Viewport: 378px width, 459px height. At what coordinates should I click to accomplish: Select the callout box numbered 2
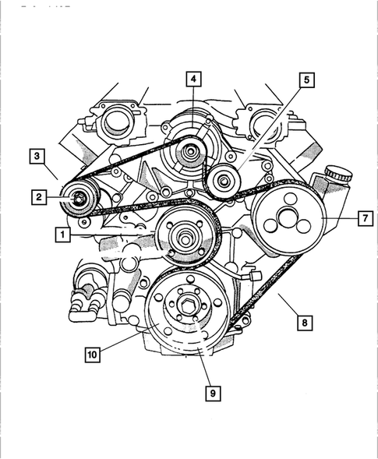(x=38, y=198)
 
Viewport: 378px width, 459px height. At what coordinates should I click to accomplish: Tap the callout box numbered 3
(x=37, y=156)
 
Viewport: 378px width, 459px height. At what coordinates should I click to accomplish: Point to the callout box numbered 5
(x=306, y=79)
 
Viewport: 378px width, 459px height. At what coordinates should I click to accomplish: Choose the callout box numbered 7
(x=364, y=218)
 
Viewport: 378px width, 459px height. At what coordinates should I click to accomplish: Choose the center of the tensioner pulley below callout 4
(x=187, y=154)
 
